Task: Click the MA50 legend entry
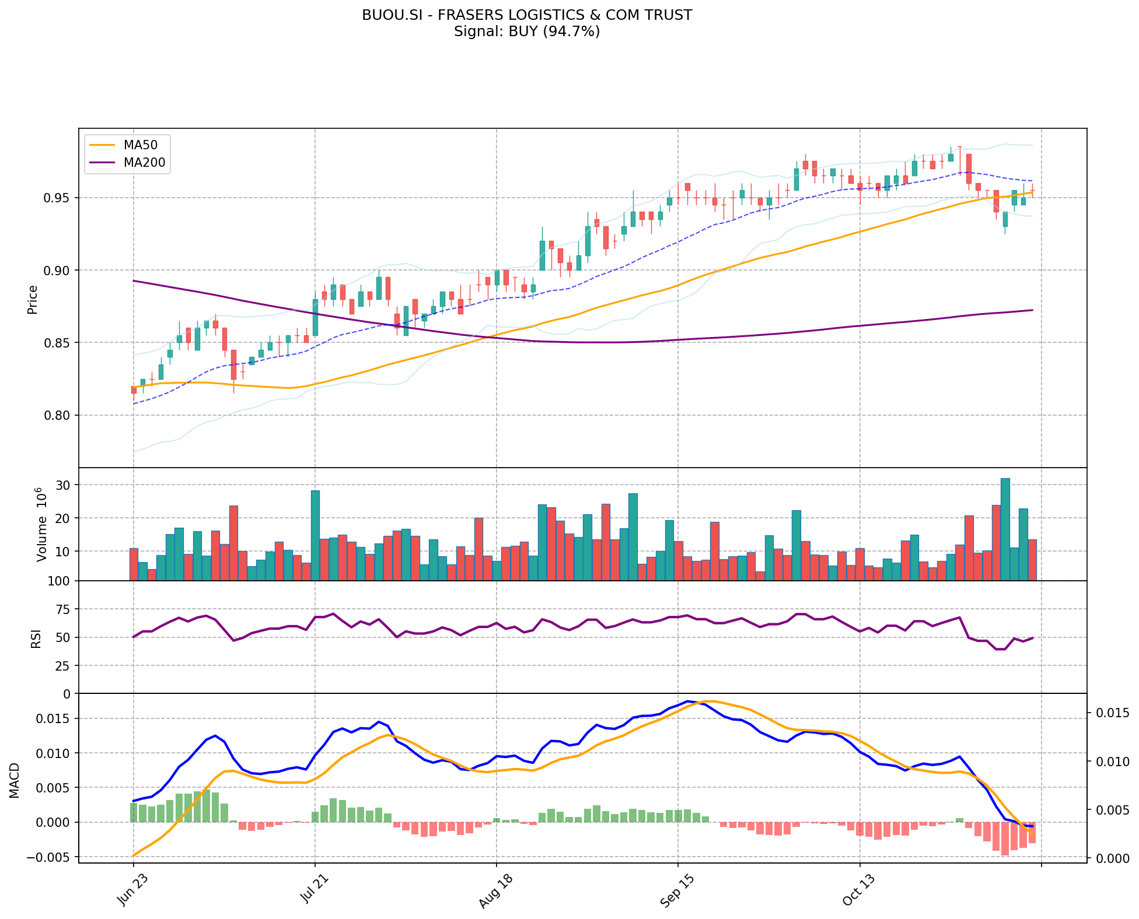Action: [141, 143]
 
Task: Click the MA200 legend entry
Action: [144, 163]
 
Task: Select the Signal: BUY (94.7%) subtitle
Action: [527, 31]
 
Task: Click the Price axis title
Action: [33, 299]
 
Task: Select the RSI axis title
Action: [36, 639]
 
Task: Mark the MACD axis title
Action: [15, 780]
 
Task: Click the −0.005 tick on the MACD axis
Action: [53, 857]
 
